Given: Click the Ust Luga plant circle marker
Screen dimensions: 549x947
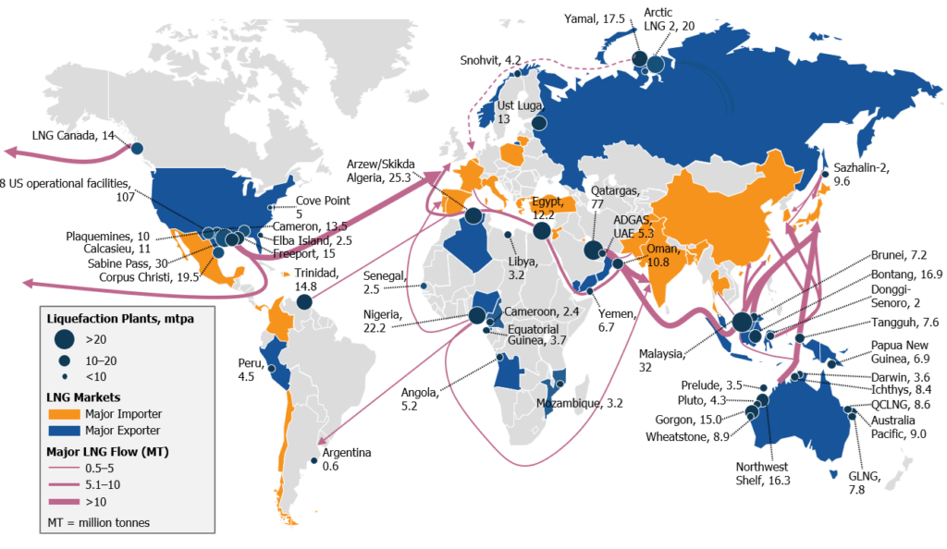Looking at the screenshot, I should pyautogui.click(x=539, y=123).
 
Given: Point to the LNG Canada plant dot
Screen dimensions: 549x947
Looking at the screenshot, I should pyautogui.click(x=137, y=148).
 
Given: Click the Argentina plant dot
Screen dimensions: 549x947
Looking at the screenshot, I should pyautogui.click(x=314, y=461).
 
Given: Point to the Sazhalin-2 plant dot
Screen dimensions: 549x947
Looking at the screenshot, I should pyautogui.click(x=825, y=174).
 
